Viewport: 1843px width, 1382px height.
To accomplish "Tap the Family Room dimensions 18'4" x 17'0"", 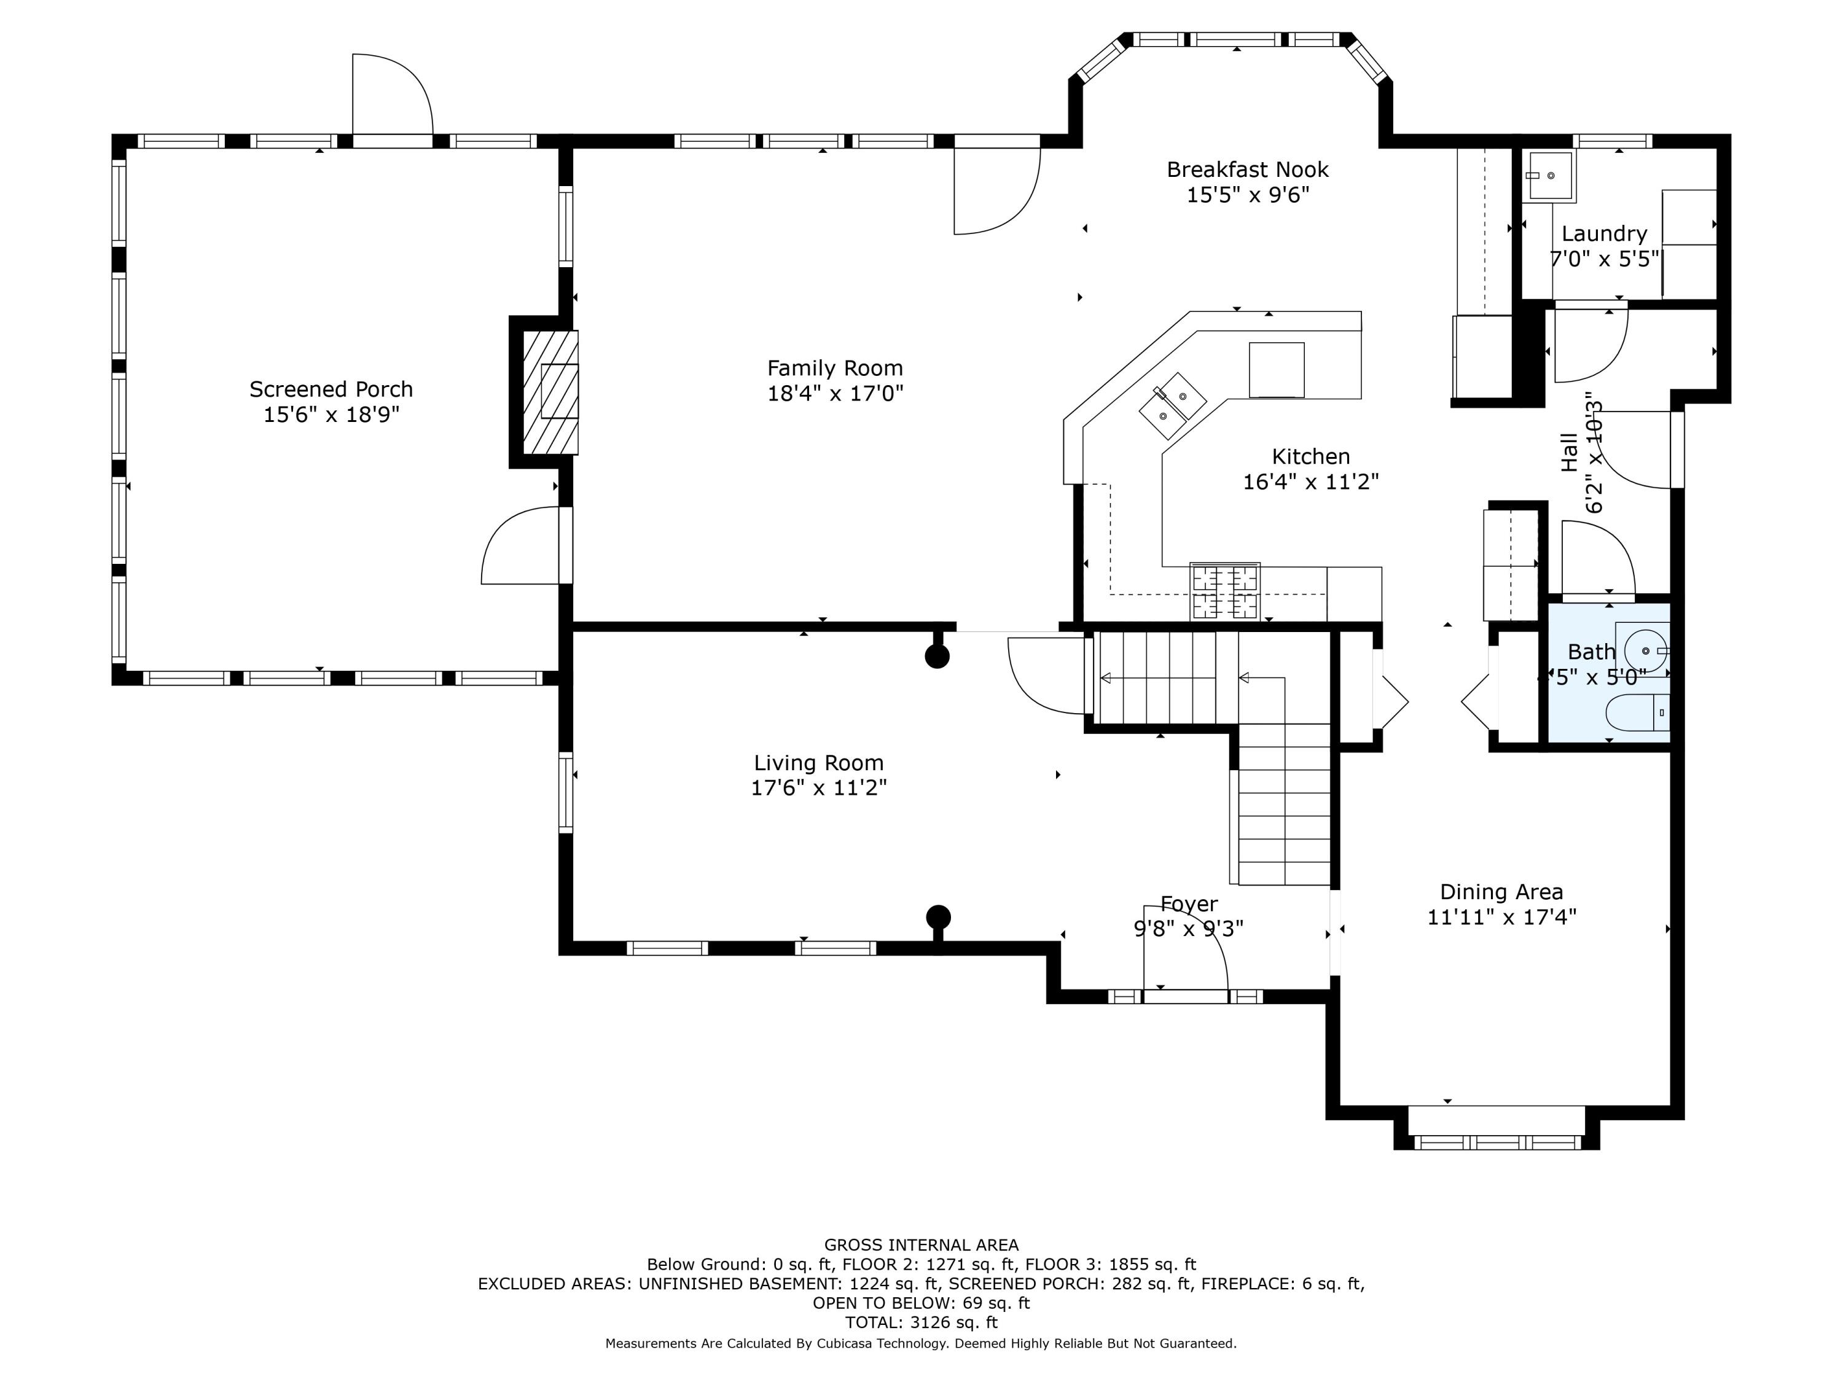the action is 835,393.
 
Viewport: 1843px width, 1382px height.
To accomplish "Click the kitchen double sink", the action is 1172,405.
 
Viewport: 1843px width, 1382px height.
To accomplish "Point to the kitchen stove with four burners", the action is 1225,591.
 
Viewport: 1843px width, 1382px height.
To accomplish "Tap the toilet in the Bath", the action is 1638,712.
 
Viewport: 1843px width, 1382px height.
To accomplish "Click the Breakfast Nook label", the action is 1247,169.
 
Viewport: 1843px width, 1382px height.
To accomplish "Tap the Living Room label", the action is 818,762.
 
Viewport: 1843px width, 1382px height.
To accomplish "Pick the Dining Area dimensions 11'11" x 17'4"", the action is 1501,917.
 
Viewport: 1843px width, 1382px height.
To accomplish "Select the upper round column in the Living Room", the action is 937,657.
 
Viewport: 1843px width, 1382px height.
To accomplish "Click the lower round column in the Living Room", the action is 938,916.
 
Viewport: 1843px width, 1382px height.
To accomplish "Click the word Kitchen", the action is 1310,456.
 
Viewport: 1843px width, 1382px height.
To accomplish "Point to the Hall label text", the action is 1569,452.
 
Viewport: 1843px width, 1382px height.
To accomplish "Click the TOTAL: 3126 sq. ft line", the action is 921,1322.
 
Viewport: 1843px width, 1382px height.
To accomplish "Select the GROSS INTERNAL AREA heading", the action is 921,1244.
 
